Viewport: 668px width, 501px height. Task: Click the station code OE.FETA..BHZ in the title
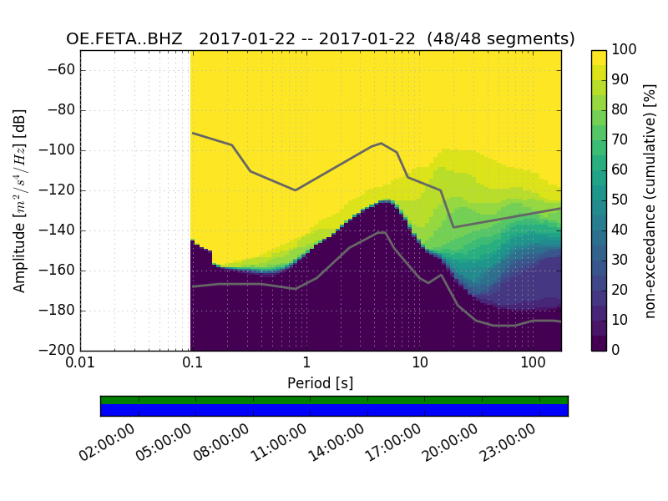124,39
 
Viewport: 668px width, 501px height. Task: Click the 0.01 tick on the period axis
80,364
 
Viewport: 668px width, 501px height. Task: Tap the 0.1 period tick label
193,364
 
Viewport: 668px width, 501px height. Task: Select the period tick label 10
420,364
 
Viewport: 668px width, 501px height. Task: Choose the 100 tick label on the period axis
533,364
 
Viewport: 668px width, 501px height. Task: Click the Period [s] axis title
320,383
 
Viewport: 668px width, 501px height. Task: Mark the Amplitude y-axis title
19,200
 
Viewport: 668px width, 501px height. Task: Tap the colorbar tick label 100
625,50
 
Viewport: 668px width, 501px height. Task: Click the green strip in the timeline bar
334,400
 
